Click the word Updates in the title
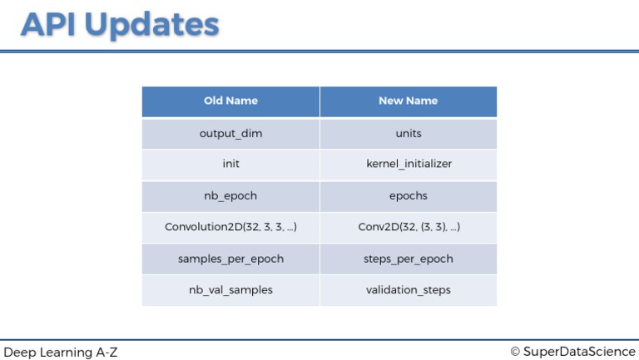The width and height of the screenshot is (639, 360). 152,25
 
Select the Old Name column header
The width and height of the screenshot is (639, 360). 230,101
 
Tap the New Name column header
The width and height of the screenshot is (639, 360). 408,101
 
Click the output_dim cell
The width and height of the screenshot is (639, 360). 230,133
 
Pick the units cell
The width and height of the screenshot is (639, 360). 408,133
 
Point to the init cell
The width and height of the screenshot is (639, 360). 230,164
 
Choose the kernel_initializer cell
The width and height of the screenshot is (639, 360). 408,164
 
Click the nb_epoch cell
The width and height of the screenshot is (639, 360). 230,195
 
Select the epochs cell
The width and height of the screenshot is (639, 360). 408,195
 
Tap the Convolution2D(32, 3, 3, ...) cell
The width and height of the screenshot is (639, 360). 230,227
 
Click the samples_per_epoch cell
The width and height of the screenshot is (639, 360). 230,259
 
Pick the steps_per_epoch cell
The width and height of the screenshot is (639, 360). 408,259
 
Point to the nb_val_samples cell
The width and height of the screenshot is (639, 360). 230,290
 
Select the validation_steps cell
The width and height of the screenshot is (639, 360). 408,290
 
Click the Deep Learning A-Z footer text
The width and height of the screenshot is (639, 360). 61,352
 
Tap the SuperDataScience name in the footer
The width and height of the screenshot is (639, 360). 579,352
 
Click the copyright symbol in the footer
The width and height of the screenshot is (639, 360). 515,352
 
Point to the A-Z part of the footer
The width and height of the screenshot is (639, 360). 106,352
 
